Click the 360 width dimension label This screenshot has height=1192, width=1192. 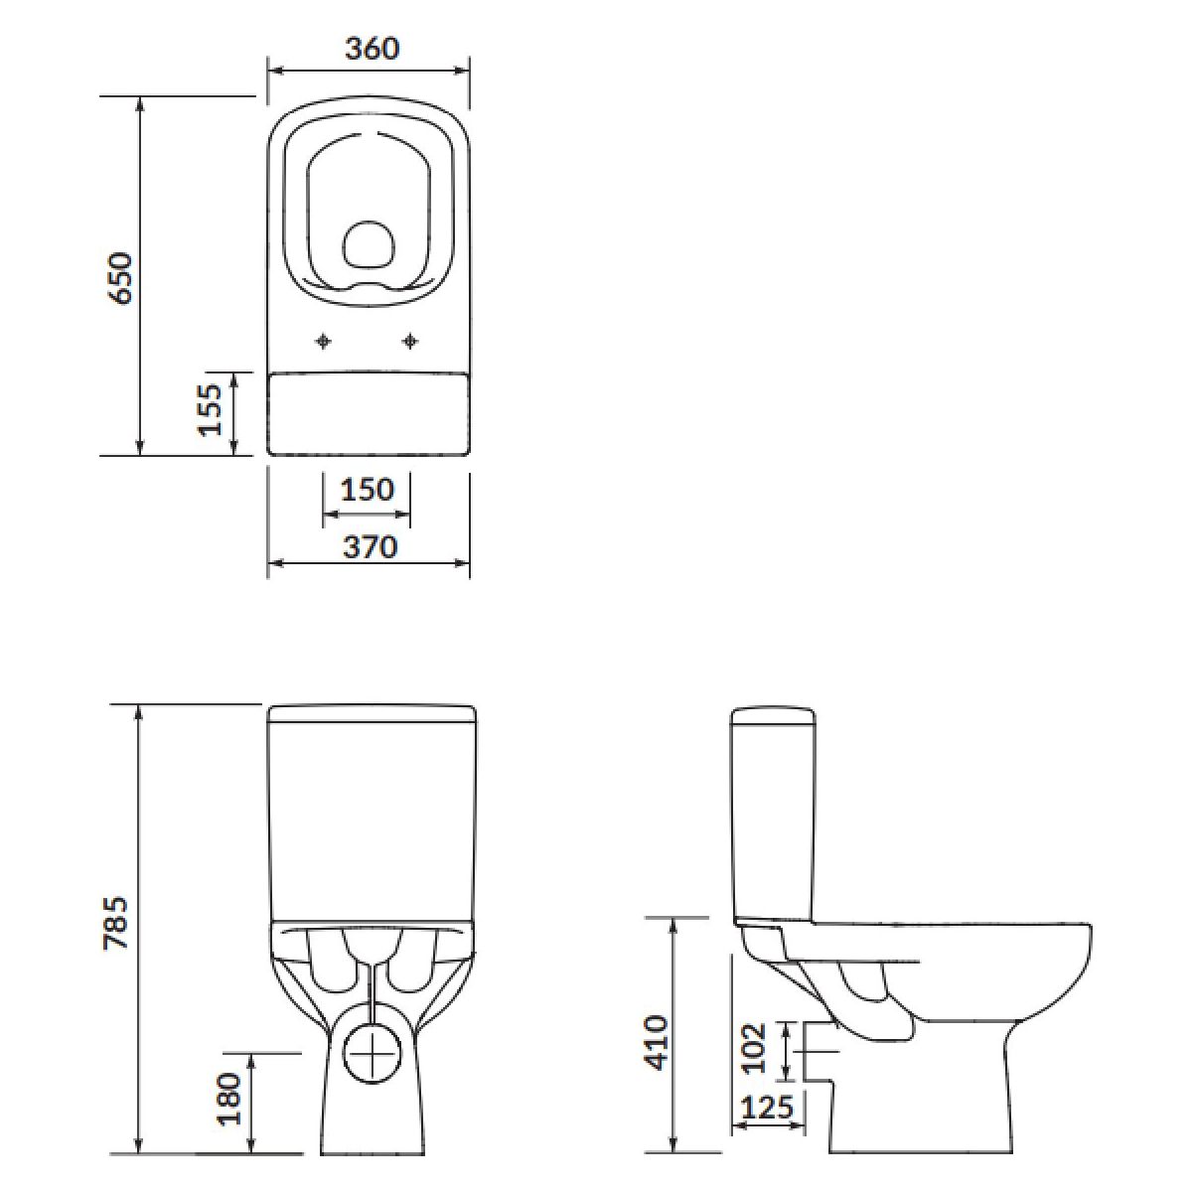click(x=372, y=49)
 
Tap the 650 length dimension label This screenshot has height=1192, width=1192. click(x=119, y=277)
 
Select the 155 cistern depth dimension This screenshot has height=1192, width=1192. click(x=211, y=409)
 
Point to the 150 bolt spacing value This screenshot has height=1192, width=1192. click(x=367, y=490)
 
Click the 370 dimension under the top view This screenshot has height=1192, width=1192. click(x=370, y=546)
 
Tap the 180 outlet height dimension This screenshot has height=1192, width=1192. click(x=228, y=1081)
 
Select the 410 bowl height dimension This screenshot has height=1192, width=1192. click(x=657, y=1043)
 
